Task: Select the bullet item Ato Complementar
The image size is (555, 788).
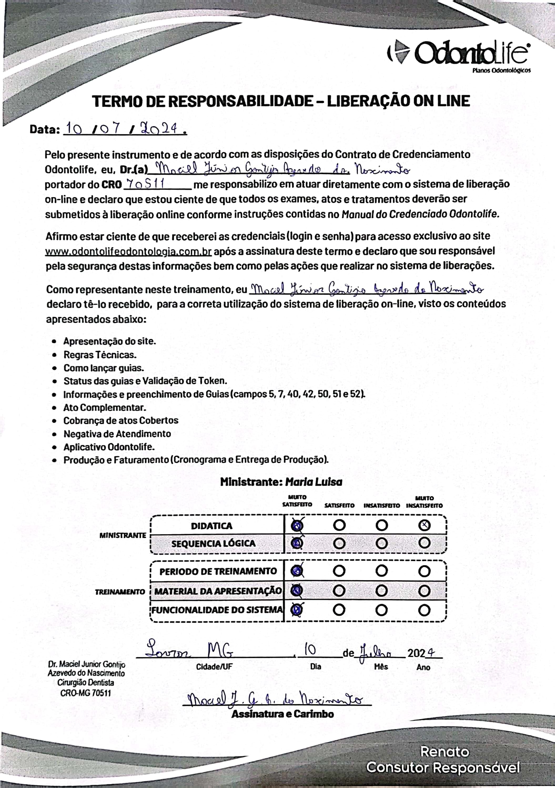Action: (x=104, y=407)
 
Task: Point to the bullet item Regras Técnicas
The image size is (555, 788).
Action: (x=100, y=355)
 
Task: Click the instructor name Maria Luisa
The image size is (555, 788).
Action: (x=314, y=482)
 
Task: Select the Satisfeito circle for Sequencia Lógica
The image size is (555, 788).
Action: (x=339, y=543)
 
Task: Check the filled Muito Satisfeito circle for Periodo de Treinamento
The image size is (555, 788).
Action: (x=297, y=571)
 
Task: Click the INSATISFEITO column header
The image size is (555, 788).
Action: (x=381, y=506)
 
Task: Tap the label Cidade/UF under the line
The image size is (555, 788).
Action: (x=214, y=666)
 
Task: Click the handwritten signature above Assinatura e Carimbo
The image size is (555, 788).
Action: (x=275, y=699)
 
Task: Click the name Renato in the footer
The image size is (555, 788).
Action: (x=445, y=752)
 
